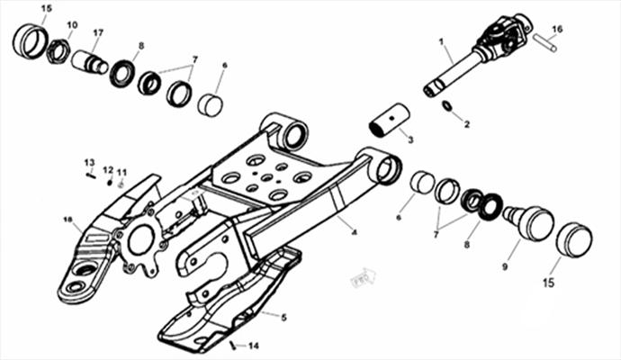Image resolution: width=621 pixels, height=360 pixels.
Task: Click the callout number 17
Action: point(98,33)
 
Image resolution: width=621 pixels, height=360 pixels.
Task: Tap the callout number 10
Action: point(72,25)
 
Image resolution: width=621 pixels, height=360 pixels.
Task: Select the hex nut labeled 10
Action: point(58,51)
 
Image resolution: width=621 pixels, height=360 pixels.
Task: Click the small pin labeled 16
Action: point(545,43)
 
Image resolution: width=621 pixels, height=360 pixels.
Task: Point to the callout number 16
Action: point(557,29)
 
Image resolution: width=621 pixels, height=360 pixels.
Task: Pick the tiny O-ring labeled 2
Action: point(446,105)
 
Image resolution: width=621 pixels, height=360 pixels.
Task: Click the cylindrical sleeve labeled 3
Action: point(390,121)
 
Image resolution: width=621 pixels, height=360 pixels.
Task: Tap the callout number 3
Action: point(410,139)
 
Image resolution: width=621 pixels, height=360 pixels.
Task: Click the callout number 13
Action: point(89,162)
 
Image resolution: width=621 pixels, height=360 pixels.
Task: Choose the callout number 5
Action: point(284,317)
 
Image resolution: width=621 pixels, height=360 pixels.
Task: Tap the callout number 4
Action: point(355,232)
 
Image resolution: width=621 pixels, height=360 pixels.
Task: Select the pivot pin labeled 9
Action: point(528,223)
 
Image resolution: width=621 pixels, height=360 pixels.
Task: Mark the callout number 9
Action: point(505,267)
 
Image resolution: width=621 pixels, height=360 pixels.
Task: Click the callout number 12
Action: point(108,170)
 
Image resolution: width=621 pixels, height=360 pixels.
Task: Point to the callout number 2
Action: point(467,124)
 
